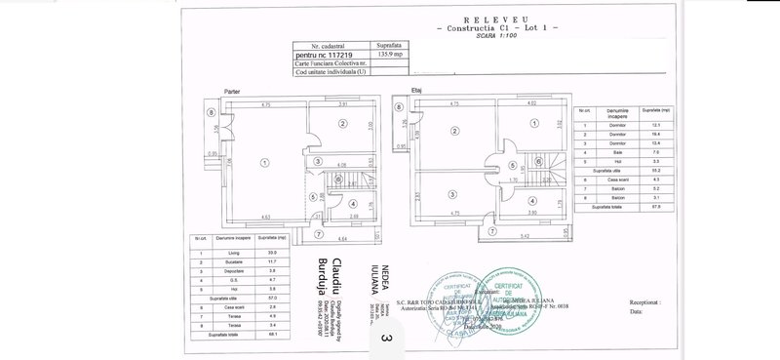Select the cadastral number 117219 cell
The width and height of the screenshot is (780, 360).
point(329,57)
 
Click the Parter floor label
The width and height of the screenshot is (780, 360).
point(232,92)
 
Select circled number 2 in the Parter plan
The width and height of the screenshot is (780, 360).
point(342,124)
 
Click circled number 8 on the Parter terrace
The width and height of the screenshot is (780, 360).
point(211,111)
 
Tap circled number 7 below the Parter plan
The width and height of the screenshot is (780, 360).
point(303,231)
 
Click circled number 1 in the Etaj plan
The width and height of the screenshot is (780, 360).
point(534,123)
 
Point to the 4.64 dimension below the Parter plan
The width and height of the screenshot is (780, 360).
point(342,238)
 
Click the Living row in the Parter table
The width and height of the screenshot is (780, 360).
point(233,253)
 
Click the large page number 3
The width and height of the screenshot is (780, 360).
point(387,339)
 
